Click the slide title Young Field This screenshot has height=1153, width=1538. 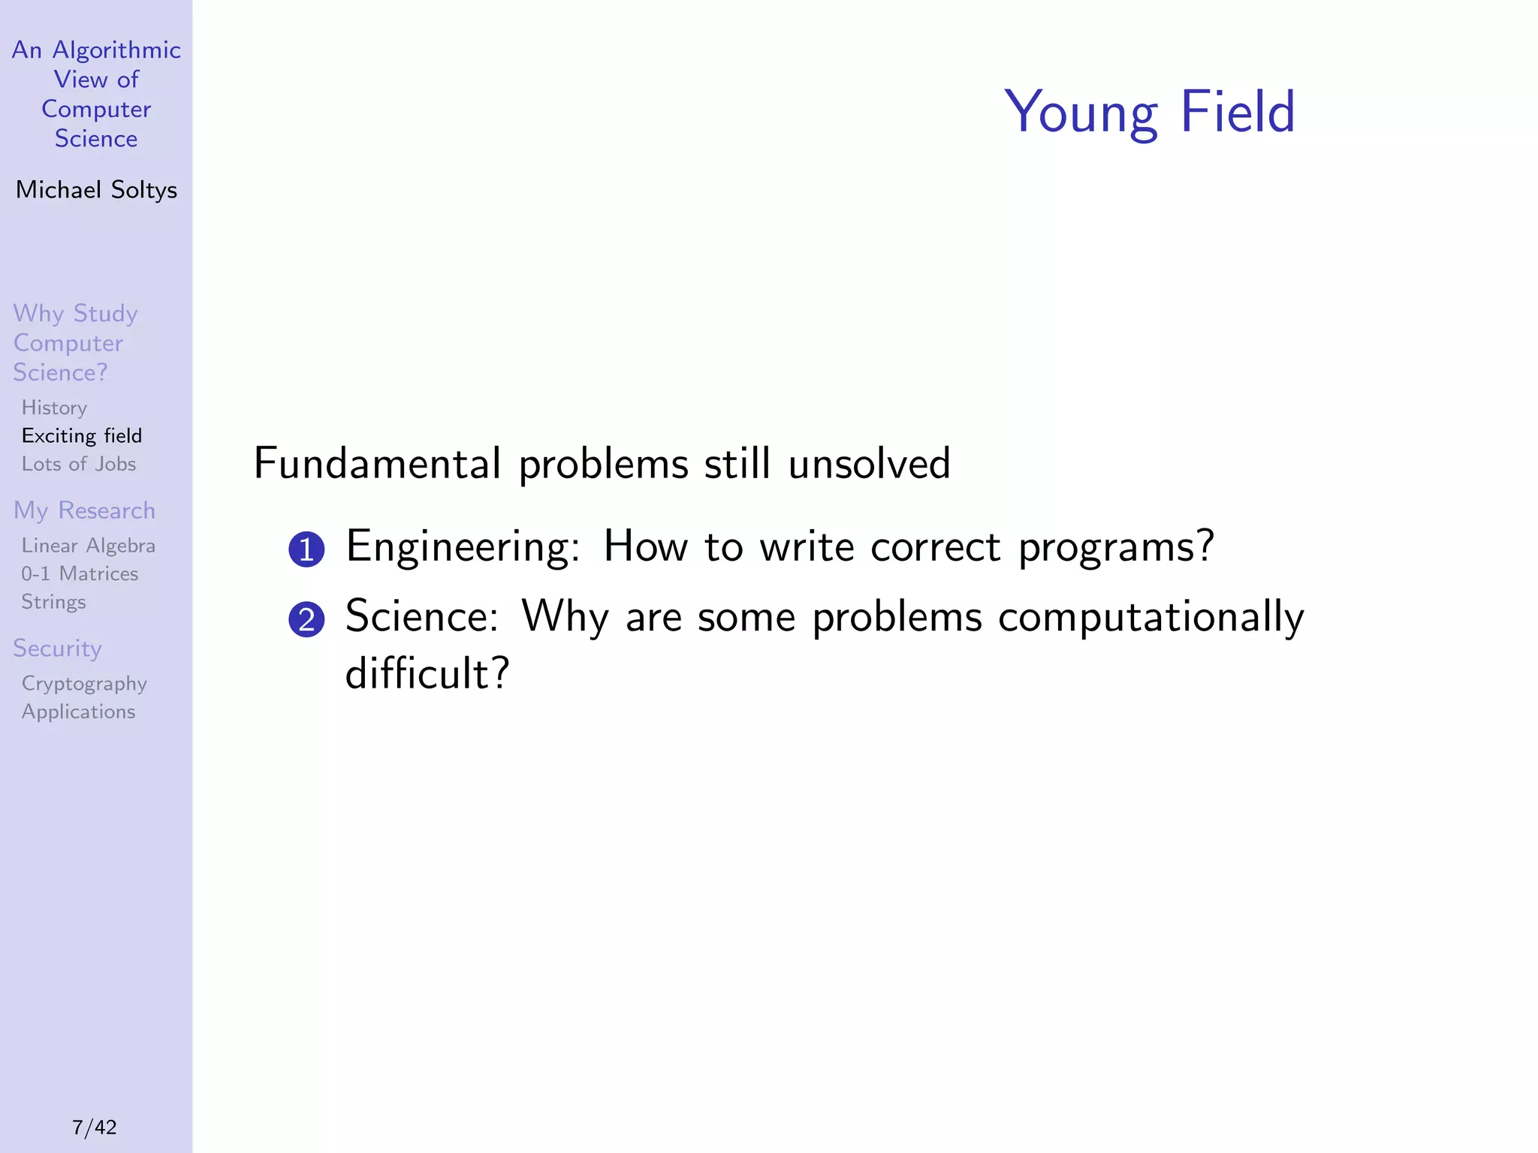[1149, 113]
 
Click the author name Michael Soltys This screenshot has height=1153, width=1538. [96, 190]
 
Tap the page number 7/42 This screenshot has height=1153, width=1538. [95, 1127]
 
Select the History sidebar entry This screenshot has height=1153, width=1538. [54, 408]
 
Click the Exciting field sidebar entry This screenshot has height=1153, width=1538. [82, 436]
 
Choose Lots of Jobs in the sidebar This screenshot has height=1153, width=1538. [79, 464]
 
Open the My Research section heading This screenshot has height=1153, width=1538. [84, 510]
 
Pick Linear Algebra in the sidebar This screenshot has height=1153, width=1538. [89, 546]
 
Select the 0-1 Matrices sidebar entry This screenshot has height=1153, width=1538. [80, 574]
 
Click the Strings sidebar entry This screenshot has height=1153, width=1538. [53, 602]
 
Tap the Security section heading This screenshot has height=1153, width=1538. [57, 649]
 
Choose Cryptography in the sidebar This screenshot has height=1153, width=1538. [84, 684]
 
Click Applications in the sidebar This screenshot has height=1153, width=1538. [78, 712]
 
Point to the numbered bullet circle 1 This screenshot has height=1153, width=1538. [306, 549]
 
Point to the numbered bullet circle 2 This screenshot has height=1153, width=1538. [306, 620]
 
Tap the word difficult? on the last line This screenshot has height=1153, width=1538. [427, 673]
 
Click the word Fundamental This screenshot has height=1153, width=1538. [378, 464]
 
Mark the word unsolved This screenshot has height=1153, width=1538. [869, 464]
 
